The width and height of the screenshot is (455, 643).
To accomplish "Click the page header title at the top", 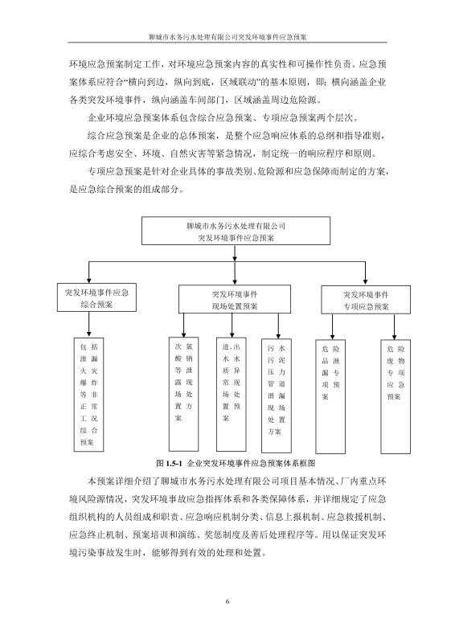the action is point(227,36).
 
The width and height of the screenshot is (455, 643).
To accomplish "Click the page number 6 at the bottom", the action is point(227,601).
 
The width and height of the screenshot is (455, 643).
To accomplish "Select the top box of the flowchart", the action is point(236,231).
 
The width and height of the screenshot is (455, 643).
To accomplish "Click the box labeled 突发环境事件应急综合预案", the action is point(96,297).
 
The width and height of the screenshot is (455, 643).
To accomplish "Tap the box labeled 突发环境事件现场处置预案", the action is point(235,299).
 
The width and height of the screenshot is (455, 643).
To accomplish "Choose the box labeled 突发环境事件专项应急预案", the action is point(366,300).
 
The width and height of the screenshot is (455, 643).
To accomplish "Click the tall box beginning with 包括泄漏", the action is point(88,394).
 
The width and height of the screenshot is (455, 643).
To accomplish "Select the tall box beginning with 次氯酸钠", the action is point(184,394).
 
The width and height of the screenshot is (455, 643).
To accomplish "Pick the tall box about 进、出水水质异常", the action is point(232,394).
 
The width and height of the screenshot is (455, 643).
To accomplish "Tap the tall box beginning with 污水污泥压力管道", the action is point(277,395).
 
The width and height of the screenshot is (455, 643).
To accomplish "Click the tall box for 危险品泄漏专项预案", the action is point(330,396).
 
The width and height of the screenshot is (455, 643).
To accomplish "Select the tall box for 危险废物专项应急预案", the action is point(396,396).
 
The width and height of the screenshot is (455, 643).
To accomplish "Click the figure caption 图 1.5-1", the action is point(236,464).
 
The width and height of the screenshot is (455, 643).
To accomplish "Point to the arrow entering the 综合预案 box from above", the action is point(88,272).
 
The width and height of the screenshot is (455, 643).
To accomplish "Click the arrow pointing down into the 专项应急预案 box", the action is point(365,273).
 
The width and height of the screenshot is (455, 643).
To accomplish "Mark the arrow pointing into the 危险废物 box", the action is point(394,327).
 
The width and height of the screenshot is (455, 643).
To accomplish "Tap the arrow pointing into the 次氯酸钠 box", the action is point(184,326).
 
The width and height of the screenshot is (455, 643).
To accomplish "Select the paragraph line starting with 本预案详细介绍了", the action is point(236,481).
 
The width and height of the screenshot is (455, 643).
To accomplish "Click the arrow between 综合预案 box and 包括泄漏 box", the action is point(88,325).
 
